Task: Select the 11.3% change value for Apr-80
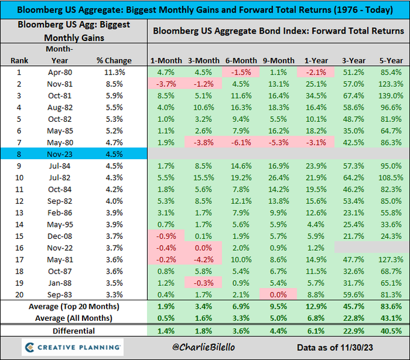coord(115,72)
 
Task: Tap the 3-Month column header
coord(203,60)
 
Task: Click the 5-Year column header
coord(391,60)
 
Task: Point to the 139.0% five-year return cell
coord(391,95)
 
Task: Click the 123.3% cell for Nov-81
coord(391,84)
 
